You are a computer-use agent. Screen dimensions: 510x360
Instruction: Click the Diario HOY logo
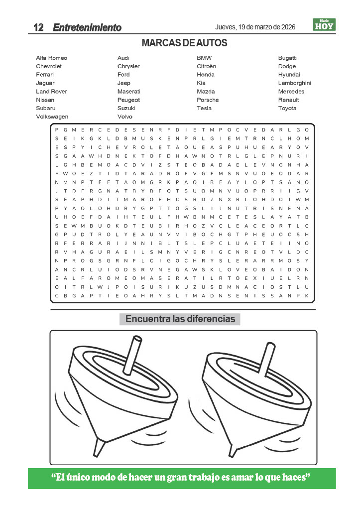tap(324, 25)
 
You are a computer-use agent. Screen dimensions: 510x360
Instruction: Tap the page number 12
tap(39, 28)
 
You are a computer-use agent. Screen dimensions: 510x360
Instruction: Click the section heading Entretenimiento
tap(87, 28)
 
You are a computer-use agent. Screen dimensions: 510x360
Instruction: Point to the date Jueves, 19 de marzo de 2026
tap(255, 27)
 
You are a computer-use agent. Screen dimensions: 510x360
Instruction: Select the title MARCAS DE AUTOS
tap(184, 43)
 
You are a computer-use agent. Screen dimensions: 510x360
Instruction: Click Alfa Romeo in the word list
tap(51, 58)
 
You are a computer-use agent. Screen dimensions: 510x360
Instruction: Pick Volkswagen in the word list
tap(52, 117)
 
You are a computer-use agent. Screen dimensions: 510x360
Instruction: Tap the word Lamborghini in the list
tap(294, 83)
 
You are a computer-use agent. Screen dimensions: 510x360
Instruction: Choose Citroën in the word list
tap(206, 66)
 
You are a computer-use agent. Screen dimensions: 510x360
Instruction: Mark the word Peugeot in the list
tap(128, 100)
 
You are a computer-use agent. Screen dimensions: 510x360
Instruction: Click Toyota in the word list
tap(287, 108)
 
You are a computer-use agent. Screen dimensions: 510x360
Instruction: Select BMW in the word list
tap(204, 58)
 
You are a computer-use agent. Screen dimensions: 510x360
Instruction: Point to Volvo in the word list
tap(124, 117)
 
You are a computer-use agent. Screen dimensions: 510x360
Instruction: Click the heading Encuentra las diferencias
tap(180, 319)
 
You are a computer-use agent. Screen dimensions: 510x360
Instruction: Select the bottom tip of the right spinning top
tap(233, 449)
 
